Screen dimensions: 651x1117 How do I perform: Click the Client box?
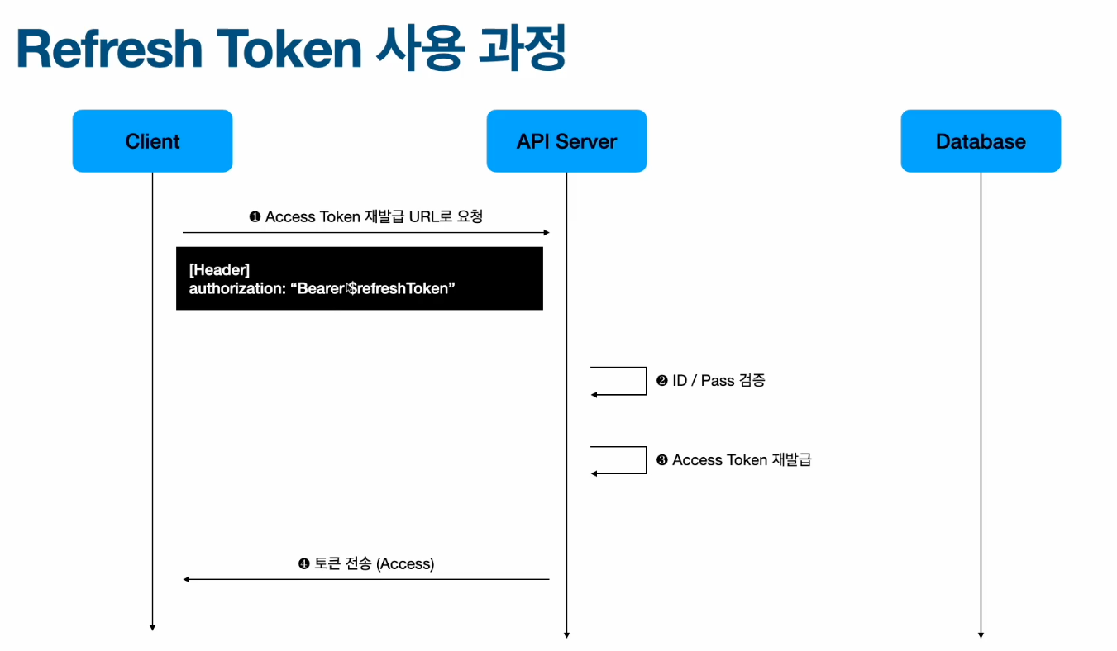click(152, 141)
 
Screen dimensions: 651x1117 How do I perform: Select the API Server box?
click(566, 141)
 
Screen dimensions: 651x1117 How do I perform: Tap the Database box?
click(981, 141)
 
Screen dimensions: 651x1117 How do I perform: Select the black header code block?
click(359, 278)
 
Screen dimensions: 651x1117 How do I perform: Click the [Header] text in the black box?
click(219, 270)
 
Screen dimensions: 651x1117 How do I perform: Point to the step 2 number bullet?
click(661, 381)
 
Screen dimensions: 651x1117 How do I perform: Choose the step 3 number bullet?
click(661, 460)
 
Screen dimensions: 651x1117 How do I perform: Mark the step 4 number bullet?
click(303, 564)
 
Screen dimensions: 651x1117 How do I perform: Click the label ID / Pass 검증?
click(718, 381)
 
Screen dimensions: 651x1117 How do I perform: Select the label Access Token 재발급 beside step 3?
click(742, 460)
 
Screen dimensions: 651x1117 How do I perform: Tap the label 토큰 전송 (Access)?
click(373, 564)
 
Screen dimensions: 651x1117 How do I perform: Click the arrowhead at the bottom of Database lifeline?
click(981, 635)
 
